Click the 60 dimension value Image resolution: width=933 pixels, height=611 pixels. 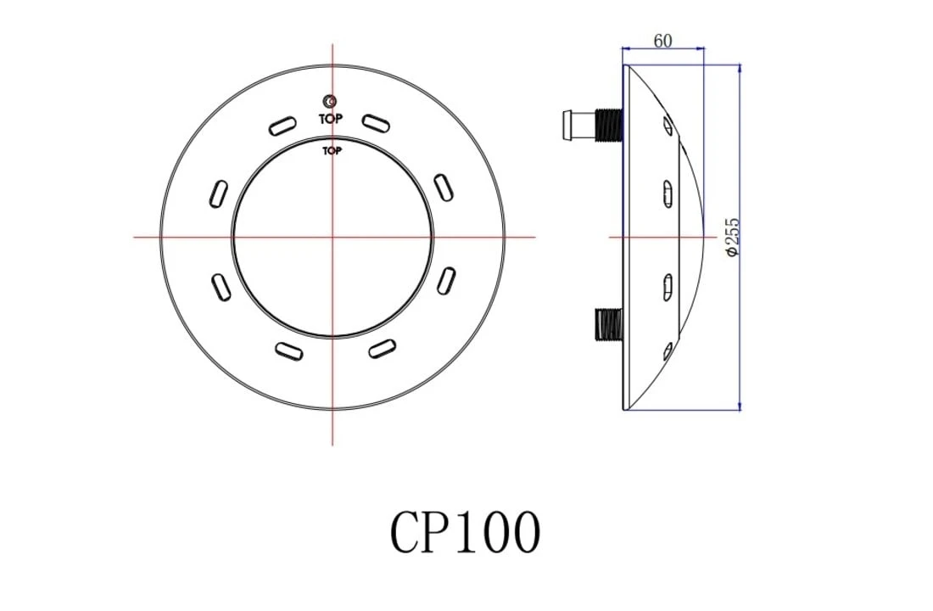[x=662, y=40]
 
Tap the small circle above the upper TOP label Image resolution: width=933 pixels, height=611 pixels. [x=331, y=102]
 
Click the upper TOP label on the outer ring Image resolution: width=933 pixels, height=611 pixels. [x=331, y=120]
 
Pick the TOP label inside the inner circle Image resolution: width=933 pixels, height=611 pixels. [x=332, y=151]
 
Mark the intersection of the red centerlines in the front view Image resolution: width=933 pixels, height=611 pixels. [x=332, y=237]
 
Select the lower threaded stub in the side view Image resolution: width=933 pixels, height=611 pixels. [x=608, y=323]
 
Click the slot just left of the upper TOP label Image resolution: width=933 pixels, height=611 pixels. [x=282, y=126]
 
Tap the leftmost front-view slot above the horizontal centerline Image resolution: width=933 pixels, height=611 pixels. [x=218, y=193]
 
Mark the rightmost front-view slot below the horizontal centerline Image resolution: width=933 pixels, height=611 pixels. [x=446, y=281]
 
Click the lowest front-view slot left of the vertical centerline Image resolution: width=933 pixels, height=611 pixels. [x=289, y=350]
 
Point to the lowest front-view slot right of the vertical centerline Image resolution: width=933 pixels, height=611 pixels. [x=382, y=347]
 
